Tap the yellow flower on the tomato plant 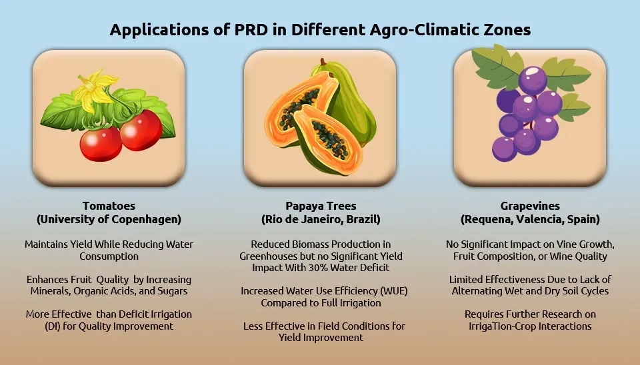click(x=95, y=91)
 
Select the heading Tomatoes click(x=109, y=206)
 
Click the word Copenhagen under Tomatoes click(x=146, y=219)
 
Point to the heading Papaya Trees click(x=321, y=206)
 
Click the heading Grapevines click(x=530, y=206)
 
